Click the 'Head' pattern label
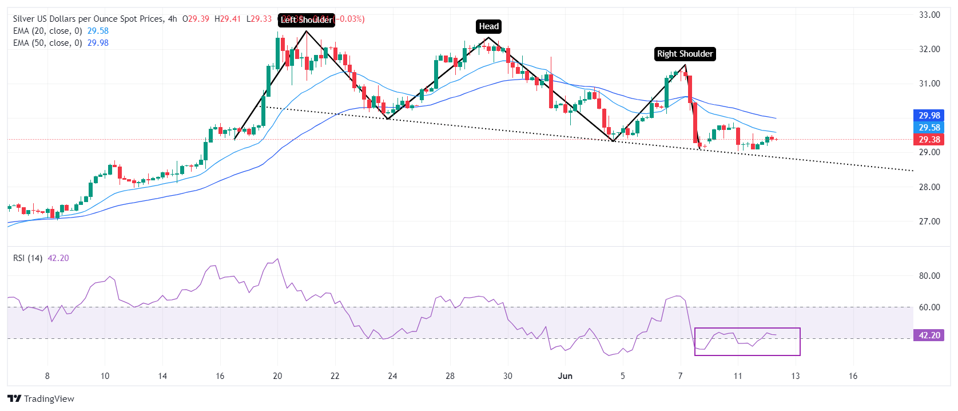488,26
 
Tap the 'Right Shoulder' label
685,54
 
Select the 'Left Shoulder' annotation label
307,20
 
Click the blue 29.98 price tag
929,116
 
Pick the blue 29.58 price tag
929,128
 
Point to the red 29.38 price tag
929,140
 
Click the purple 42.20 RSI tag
929,335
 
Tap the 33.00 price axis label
929,15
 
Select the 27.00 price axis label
929,222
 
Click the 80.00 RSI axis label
929,276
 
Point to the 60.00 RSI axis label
929,307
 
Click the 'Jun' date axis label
565,376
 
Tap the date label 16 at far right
853,376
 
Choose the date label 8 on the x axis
47,376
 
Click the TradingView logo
41,399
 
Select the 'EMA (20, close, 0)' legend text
47,31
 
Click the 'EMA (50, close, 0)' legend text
47,43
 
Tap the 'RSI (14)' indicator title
28,258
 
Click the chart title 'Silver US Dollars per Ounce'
88,19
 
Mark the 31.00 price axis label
929,84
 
